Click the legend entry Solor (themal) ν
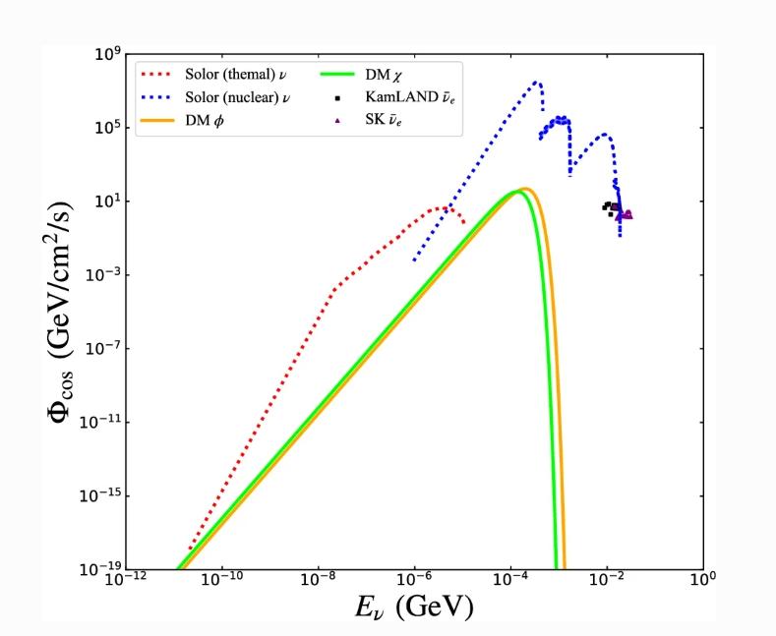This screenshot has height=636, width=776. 237,74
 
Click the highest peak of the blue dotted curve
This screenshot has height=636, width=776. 536,83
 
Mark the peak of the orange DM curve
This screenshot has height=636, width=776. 526,188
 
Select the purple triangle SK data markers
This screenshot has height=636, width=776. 624,213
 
